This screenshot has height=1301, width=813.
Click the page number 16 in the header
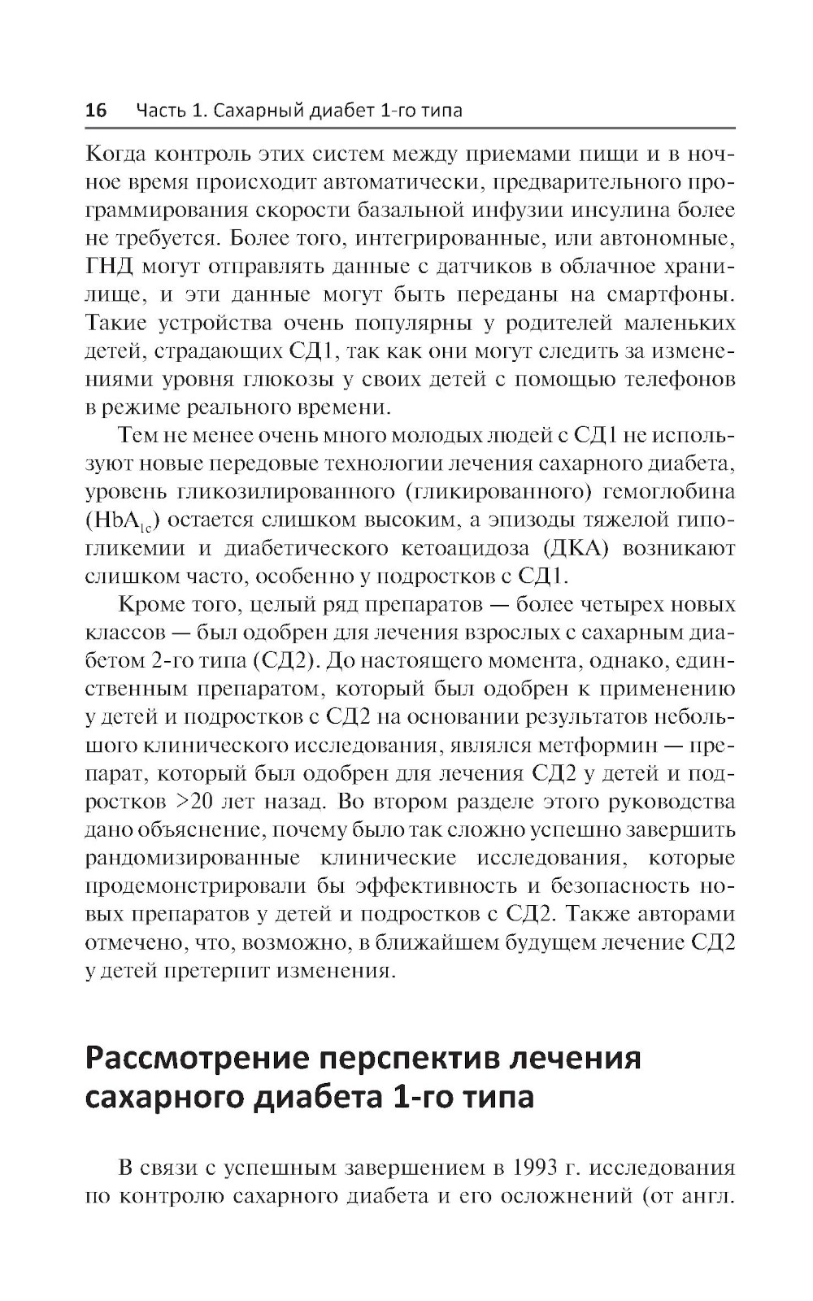tap(96, 111)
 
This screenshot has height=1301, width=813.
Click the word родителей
tap(553, 323)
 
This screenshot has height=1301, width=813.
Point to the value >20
tap(194, 802)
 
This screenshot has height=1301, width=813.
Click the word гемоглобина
tap(669, 492)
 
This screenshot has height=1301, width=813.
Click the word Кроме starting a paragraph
tap(150, 605)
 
